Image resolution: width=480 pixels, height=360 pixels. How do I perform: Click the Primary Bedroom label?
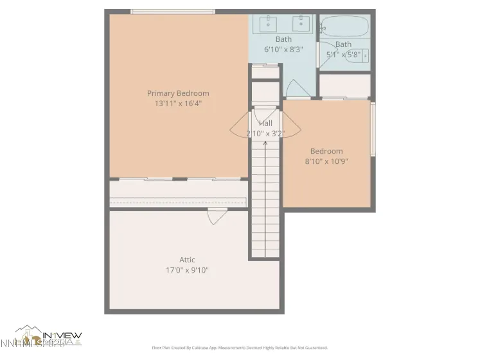(178, 93)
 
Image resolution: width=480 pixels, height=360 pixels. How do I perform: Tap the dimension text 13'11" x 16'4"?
(178, 103)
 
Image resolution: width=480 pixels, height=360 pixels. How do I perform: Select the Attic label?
(187, 260)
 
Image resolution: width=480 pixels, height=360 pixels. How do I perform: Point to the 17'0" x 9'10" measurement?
(187, 270)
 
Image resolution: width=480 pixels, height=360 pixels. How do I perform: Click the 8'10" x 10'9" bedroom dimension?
(326, 161)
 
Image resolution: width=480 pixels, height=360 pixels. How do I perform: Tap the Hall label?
(265, 123)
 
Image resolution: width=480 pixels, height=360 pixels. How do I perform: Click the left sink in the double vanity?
(268, 24)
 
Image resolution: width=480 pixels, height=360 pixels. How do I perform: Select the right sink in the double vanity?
(301, 24)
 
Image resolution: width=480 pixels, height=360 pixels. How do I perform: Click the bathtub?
(344, 27)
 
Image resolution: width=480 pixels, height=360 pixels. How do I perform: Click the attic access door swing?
(216, 218)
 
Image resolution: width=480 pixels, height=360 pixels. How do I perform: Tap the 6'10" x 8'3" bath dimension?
(283, 49)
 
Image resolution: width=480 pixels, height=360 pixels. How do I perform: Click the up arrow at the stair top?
(265, 143)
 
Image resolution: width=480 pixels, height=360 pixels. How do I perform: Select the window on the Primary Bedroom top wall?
(172, 11)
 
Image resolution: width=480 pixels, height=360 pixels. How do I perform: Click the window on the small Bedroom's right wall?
(373, 128)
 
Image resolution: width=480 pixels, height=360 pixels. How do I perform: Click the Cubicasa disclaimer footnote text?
(239, 348)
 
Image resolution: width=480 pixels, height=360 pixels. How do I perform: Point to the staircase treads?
(265, 199)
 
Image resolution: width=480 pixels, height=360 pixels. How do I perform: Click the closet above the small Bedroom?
(344, 85)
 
